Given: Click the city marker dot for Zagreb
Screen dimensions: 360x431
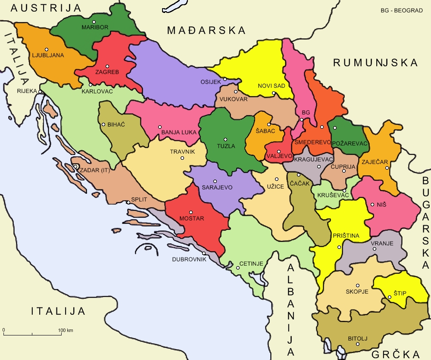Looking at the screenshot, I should (107, 66).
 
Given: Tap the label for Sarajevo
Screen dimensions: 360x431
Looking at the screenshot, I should (217, 187).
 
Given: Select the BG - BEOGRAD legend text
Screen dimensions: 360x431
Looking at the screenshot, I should (401, 10).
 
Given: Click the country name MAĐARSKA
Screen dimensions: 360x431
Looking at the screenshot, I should (206, 30).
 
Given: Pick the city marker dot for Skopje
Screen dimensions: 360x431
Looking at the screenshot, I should (358, 285).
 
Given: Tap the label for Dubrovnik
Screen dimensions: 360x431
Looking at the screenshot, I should (190, 259).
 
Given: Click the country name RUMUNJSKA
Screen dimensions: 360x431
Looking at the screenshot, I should (375, 62).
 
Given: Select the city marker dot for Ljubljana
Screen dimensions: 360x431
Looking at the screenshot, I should (46, 49).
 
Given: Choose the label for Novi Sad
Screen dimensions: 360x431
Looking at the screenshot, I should (272, 86).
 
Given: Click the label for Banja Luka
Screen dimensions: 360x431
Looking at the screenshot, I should (179, 132).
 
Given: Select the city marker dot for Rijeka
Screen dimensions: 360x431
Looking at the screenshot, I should (40, 91).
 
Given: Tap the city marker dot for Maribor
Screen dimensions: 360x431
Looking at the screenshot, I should (94, 22).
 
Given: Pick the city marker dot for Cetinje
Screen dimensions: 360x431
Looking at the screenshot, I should (237, 268).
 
